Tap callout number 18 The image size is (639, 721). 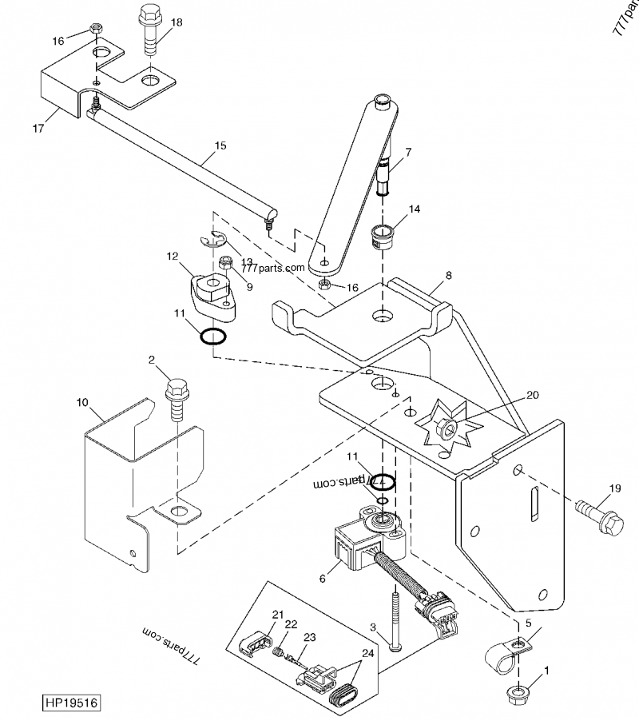[x=177, y=22]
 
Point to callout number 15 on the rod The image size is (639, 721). [x=220, y=145]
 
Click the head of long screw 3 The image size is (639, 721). [x=396, y=645]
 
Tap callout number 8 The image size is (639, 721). [x=448, y=274]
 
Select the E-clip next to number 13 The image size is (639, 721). [x=212, y=240]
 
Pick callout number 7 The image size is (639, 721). [x=407, y=151]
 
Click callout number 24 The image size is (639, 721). [x=368, y=651]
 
